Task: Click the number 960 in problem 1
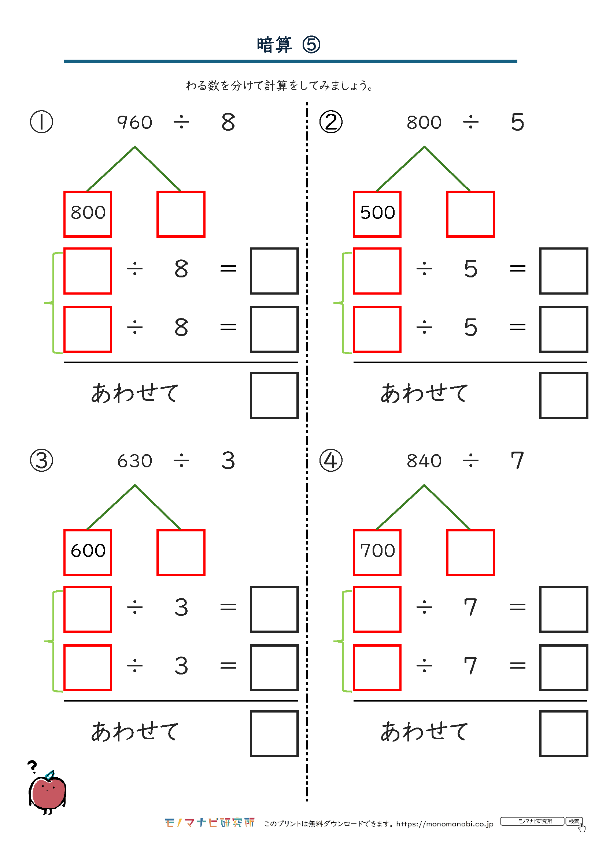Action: pos(135,122)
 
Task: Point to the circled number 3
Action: pos(41,460)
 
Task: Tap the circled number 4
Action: pos(331,460)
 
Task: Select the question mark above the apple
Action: pos(33,766)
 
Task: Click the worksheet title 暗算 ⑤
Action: pos(288,45)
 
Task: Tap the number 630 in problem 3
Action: pos(135,461)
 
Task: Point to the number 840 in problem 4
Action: pos(424,461)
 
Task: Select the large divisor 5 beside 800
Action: pos(518,122)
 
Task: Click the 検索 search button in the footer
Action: pos(574,821)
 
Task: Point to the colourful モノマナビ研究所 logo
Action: pos(210,823)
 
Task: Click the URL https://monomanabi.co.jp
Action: pos(445,823)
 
